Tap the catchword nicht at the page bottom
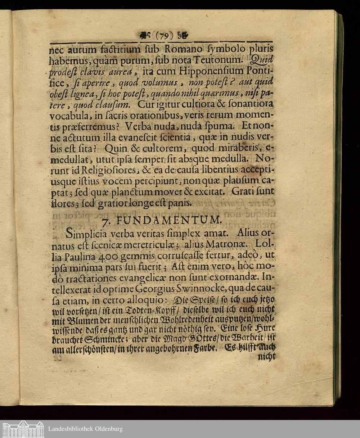(x=267, y=356)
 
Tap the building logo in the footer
(x=23, y=429)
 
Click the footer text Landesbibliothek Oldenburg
(x=85, y=429)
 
